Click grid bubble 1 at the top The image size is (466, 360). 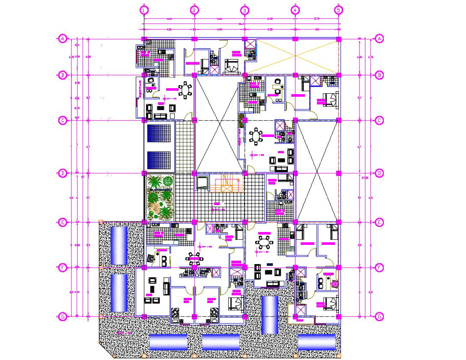point(144,9)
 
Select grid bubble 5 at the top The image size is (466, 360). point(339,9)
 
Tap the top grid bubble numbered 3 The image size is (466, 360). point(245,9)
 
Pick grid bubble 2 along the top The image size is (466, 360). point(194,9)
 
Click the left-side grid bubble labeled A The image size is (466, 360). point(63,39)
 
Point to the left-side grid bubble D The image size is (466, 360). point(63,173)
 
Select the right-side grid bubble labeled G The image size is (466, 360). point(379,317)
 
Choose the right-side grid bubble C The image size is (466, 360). point(379,121)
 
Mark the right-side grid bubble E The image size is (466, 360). point(379,222)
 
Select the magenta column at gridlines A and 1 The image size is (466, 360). point(144,39)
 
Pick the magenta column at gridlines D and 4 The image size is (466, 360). point(295,173)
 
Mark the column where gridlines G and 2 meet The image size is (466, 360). point(194,317)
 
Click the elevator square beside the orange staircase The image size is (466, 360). point(203,183)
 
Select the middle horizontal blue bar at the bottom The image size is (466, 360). point(221,342)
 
